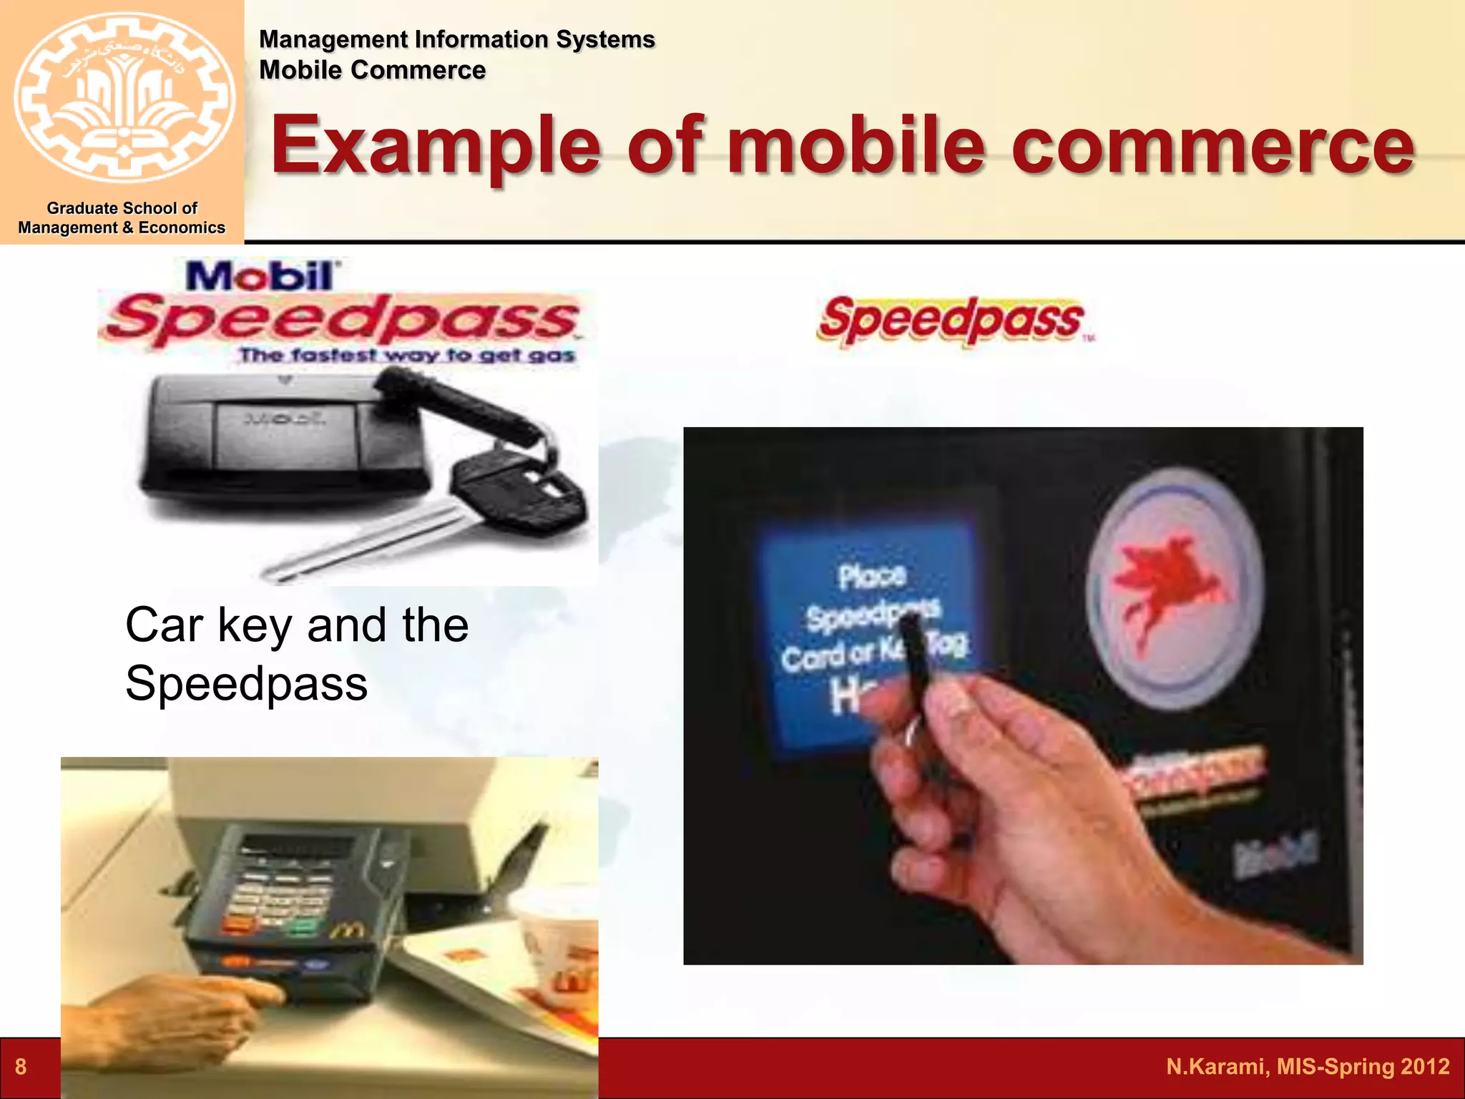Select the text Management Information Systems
[456, 39]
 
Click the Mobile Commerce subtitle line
[372, 70]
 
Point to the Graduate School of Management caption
[122, 218]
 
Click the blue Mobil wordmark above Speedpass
[261, 275]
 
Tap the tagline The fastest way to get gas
[406, 355]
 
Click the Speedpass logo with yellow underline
[951, 320]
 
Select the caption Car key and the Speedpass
[296, 654]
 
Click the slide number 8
[21, 1067]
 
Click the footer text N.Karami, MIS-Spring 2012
[1307, 1067]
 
